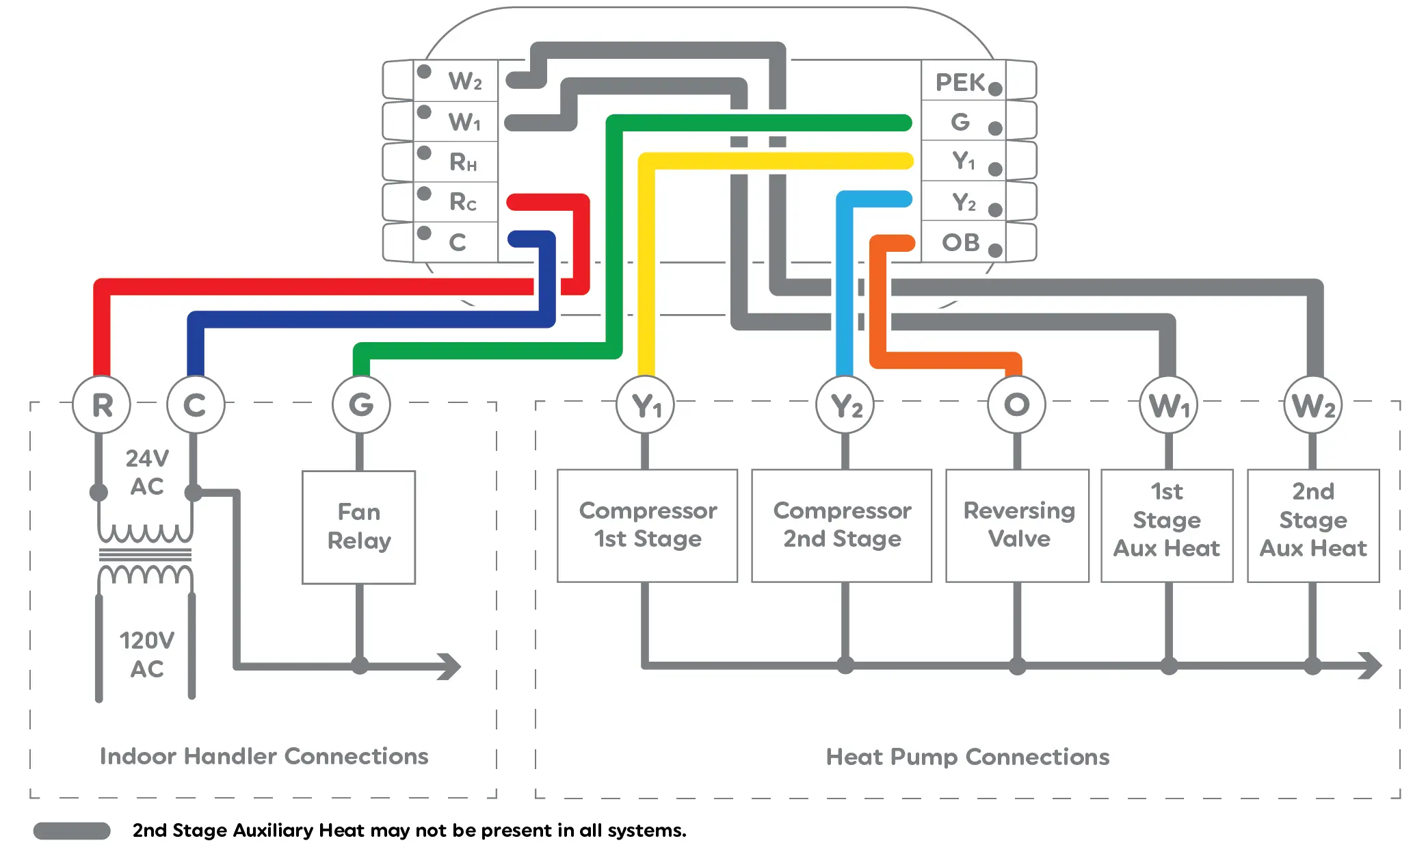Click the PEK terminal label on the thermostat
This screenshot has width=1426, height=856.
click(x=960, y=83)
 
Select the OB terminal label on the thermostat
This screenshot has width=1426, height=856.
click(x=960, y=243)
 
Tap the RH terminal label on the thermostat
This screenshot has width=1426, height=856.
click(x=463, y=162)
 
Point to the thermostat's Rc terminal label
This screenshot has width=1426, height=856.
click(x=463, y=203)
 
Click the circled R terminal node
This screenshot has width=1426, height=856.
click(x=102, y=405)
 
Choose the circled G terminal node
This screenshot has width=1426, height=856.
click(x=361, y=405)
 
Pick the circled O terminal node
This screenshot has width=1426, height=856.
click(x=1017, y=405)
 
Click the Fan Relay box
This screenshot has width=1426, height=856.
click(x=359, y=527)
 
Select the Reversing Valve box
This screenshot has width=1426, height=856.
click(x=1018, y=526)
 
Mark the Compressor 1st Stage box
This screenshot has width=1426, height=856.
click(x=647, y=526)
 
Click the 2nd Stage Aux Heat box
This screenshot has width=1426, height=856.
click(x=1313, y=526)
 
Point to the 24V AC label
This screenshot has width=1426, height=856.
click(x=146, y=472)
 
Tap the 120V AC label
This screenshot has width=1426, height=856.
click(x=146, y=655)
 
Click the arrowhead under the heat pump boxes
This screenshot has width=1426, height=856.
click(x=1370, y=665)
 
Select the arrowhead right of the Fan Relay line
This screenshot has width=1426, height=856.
click(x=450, y=666)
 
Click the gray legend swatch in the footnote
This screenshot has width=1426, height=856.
click(x=72, y=831)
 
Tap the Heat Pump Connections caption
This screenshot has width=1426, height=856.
click(x=967, y=757)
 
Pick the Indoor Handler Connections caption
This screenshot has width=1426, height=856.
click(x=264, y=756)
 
